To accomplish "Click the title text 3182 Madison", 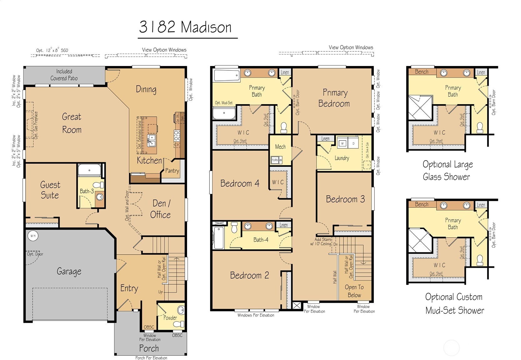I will [185, 27].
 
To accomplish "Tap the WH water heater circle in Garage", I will [33, 236].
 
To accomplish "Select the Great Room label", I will [72, 123].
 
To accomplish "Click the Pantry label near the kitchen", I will [172, 170].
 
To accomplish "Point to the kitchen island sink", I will [151, 140].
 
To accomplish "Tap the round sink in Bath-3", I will [99, 197].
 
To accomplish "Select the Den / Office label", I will [160, 209].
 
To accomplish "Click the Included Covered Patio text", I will [64, 75].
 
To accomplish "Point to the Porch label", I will [149, 348].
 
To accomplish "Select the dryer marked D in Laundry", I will [354, 143].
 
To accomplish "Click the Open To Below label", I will [354, 291].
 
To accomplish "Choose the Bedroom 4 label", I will [240, 183].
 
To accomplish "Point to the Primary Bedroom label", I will [334, 98].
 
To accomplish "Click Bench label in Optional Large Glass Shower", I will [422, 72].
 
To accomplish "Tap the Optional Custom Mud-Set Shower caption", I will [454, 303].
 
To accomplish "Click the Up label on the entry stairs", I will [160, 292].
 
